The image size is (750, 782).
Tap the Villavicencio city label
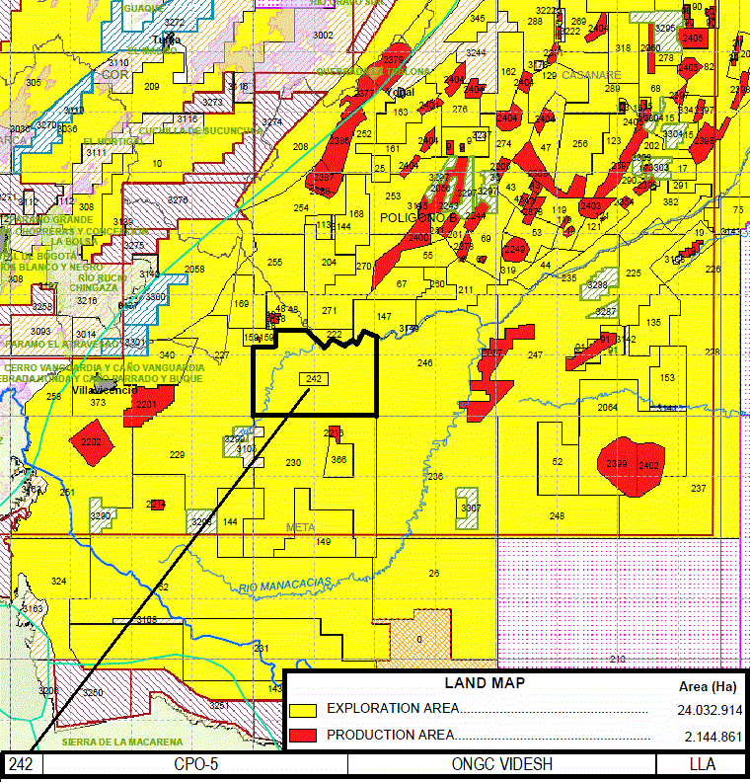tap(104, 392)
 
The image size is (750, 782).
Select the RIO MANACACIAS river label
tap(284, 586)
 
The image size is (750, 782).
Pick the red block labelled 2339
tap(618, 464)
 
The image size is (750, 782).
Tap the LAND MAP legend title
tap(485, 683)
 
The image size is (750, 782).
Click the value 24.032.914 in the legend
tap(709, 710)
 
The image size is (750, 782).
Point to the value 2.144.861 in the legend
tap(712, 737)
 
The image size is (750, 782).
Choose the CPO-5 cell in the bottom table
tap(194, 764)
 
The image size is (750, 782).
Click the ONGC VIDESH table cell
tap(502, 764)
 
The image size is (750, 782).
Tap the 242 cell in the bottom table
tap(23, 764)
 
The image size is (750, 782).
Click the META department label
tap(300, 527)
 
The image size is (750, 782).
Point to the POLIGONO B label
tap(413, 218)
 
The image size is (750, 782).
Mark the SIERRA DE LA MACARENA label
tap(122, 742)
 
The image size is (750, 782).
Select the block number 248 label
tap(557, 516)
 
